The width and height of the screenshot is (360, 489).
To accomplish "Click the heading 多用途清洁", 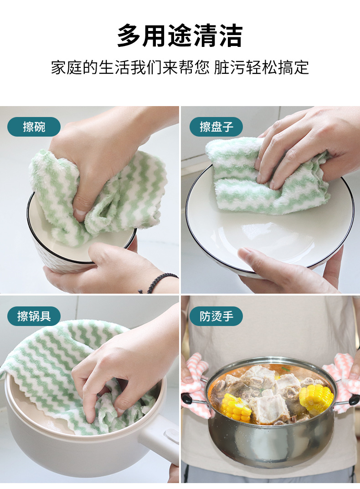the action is [180, 36].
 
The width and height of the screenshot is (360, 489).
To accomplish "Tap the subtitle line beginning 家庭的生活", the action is [180, 67].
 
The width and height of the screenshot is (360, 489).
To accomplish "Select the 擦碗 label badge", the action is [34, 127].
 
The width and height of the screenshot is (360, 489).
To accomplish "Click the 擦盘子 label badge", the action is [216, 127].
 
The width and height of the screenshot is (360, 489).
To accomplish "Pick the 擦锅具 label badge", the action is [34, 316].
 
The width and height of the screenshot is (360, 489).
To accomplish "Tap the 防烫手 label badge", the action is [216, 316].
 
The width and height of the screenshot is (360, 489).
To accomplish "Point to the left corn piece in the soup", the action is [236, 407].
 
